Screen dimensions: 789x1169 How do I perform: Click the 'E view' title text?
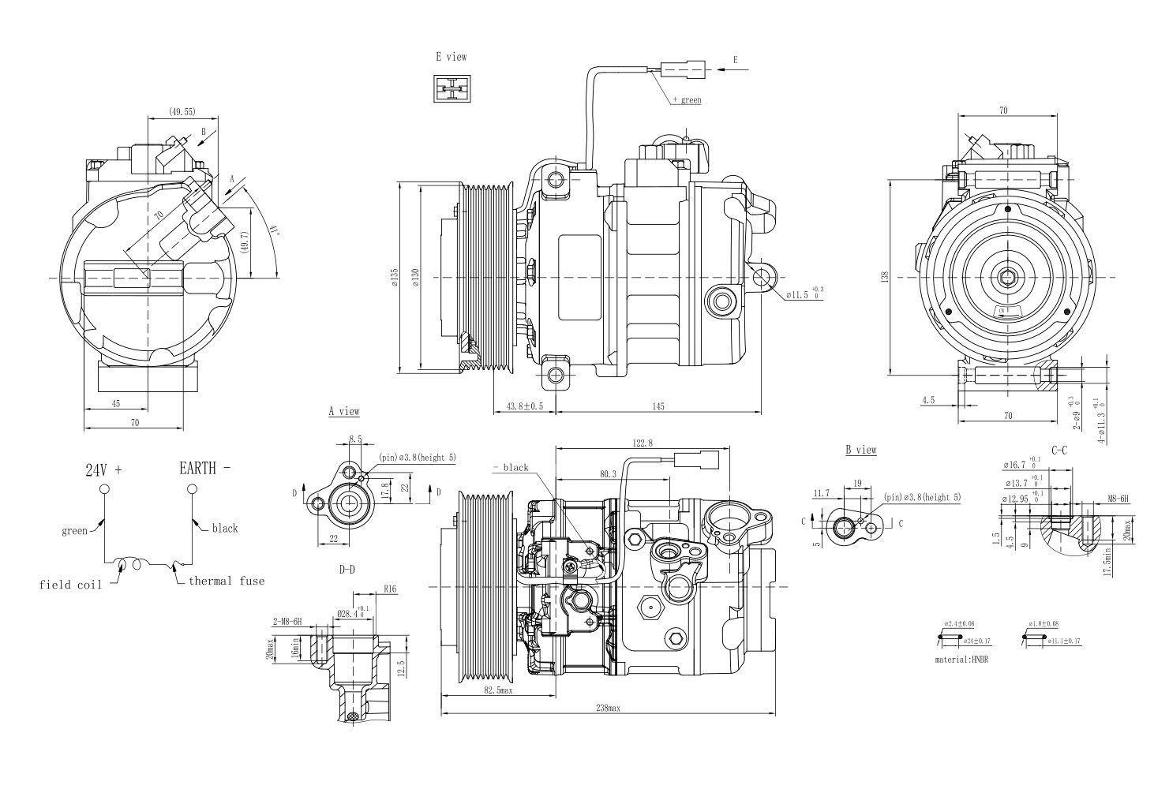(451, 57)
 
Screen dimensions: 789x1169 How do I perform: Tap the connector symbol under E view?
(451, 88)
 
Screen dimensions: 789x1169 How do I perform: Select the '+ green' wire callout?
(686, 100)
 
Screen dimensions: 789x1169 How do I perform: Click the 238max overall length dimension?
(608, 708)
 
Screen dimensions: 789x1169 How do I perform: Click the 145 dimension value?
(658, 406)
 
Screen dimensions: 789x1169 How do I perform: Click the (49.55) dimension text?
(182, 112)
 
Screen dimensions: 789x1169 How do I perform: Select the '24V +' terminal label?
(104, 470)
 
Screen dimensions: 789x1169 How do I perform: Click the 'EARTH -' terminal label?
(205, 469)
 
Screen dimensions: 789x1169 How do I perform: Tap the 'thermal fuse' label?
(226, 581)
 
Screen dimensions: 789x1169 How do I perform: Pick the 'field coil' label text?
(72, 585)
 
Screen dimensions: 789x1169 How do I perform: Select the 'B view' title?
(861, 450)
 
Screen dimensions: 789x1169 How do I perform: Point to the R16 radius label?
(389, 588)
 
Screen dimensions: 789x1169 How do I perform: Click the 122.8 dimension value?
(643, 443)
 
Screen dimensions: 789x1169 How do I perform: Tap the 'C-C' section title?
(1059, 450)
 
